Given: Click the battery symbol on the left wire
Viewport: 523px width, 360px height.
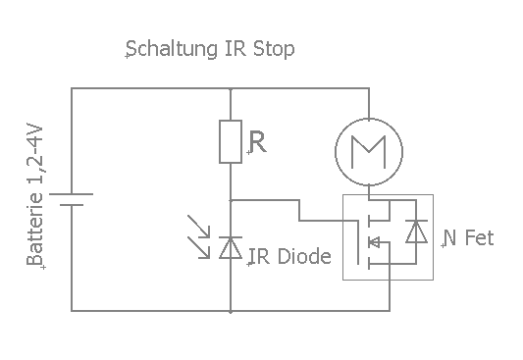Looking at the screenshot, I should point(72,200).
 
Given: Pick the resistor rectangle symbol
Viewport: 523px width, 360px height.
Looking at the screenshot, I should point(230,140).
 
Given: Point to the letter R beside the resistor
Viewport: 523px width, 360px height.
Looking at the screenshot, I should point(257,143).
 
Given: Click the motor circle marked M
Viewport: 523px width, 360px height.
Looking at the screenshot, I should point(368,148).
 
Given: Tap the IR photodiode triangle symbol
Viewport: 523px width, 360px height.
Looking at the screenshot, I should point(230,249).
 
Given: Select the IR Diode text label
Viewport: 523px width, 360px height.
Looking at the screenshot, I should point(290,257).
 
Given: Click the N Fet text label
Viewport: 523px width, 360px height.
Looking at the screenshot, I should point(468,238).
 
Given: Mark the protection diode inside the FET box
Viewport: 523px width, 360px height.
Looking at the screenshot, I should point(416,233).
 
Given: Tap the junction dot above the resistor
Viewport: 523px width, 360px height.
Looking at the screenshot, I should point(230,87).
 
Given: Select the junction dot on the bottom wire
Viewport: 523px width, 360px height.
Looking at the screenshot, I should point(230,312).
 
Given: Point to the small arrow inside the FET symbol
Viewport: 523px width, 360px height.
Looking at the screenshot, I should point(373,241).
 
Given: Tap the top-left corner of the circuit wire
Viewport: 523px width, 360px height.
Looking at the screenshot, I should point(72,87).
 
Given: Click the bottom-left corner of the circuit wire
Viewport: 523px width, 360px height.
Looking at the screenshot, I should point(72,312).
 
